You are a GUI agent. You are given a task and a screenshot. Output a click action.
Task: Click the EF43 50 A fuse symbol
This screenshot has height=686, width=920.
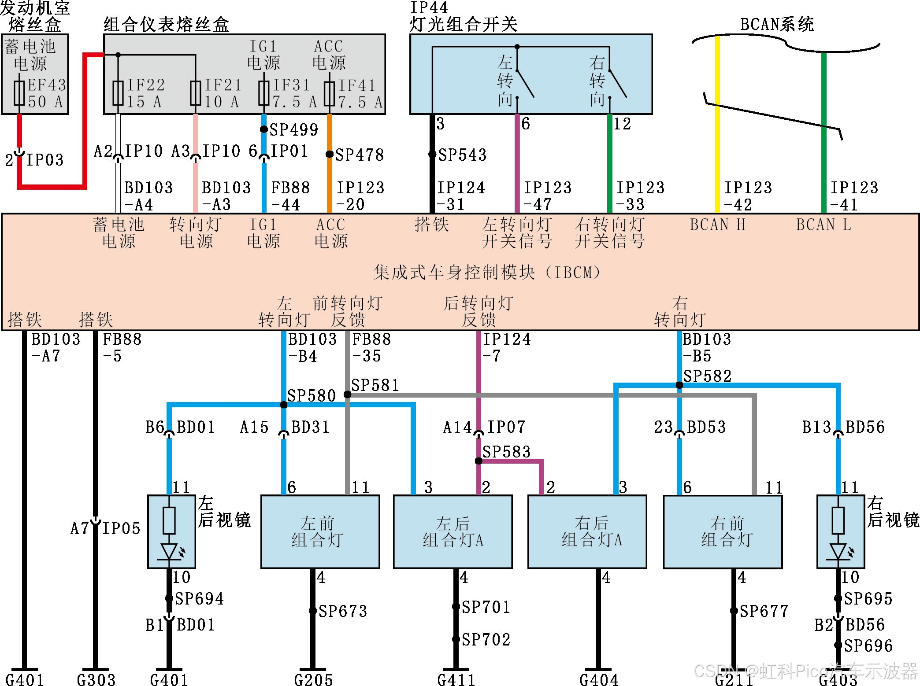click(x=19, y=92)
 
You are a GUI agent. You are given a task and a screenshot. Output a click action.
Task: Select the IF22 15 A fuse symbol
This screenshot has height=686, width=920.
click(x=118, y=92)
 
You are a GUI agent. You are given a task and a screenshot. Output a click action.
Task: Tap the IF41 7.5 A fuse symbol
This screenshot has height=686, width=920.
click(x=329, y=92)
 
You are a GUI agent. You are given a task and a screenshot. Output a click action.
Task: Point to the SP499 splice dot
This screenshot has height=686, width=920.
click(x=263, y=129)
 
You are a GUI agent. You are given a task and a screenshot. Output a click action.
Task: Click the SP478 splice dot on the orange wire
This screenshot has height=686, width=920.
click(x=329, y=154)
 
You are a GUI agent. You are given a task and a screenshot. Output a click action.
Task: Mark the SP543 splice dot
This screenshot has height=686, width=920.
click(x=432, y=154)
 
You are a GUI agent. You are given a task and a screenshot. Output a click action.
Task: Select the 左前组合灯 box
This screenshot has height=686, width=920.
click(x=320, y=531)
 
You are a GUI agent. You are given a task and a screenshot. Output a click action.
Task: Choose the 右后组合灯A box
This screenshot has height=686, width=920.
click(x=587, y=531)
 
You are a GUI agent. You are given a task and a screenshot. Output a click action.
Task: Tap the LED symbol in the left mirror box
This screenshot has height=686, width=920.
click(x=169, y=552)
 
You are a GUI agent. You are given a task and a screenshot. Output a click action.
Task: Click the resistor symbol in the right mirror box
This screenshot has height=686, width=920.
click(x=838, y=520)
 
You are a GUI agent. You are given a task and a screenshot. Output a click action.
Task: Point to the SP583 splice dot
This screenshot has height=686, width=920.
click(x=479, y=461)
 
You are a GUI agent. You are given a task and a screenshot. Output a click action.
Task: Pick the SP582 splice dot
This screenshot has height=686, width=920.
click(x=679, y=385)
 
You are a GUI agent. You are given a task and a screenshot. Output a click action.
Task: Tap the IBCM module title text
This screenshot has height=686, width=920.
click(x=486, y=273)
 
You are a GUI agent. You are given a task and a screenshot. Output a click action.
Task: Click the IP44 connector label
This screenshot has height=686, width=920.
click(x=429, y=7)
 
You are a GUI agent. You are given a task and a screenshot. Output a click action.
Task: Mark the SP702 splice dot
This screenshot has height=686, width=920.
click(x=456, y=639)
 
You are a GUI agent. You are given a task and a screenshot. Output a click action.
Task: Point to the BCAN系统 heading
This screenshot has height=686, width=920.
click(x=776, y=24)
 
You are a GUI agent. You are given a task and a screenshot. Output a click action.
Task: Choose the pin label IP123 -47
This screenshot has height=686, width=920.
click(x=547, y=196)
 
